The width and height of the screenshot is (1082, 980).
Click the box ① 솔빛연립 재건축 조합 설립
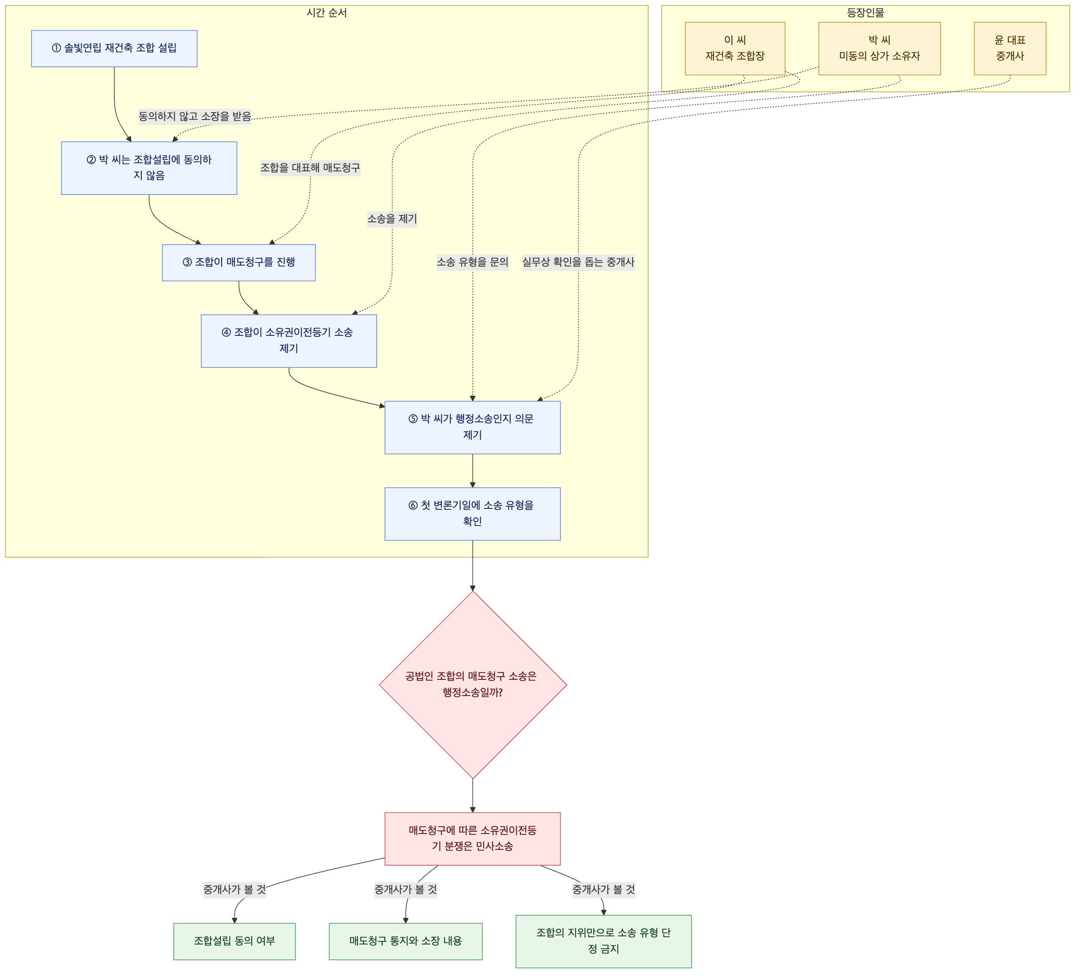point(114,48)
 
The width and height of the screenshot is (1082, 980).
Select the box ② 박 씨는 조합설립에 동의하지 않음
point(149,168)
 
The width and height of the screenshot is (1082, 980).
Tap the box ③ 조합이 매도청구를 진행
point(239,263)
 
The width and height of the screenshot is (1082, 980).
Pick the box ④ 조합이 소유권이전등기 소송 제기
point(289,341)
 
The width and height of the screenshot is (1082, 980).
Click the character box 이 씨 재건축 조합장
point(735,48)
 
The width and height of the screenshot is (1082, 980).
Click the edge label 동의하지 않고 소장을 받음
point(195,116)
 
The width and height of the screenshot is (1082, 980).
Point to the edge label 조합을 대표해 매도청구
point(310,168)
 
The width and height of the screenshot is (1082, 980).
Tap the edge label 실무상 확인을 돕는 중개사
point(578,263)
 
